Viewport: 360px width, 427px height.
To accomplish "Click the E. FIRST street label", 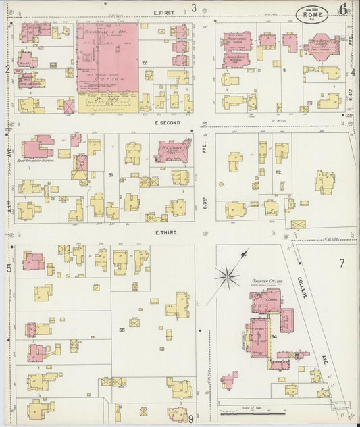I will pos(164,12).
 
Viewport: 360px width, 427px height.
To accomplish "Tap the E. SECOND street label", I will pos(165,123).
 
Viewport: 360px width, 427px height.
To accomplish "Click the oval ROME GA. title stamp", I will pos(309,13).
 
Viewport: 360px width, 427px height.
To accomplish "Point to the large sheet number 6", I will pos(344,9).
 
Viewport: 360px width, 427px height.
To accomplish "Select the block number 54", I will pos(274,336).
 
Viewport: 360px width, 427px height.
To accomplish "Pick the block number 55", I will pos(122,330).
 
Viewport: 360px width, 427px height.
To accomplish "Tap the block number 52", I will pos(278,172).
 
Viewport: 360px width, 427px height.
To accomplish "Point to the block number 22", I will pos(145,63).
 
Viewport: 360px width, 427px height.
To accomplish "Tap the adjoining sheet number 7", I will pos(342,263).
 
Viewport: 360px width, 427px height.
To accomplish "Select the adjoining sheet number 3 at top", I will pos(193,8).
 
